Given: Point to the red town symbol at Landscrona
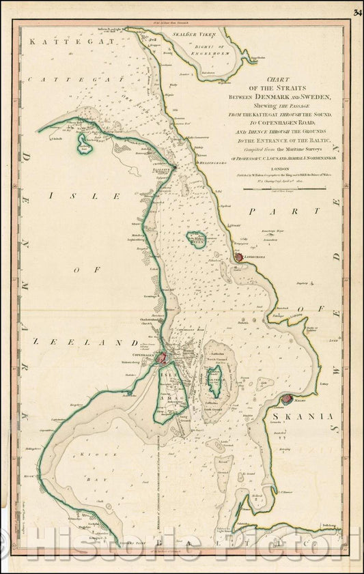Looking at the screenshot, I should (238, 257).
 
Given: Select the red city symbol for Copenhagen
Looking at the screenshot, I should (161, 357).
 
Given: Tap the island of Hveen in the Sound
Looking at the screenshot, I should (197, 239).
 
